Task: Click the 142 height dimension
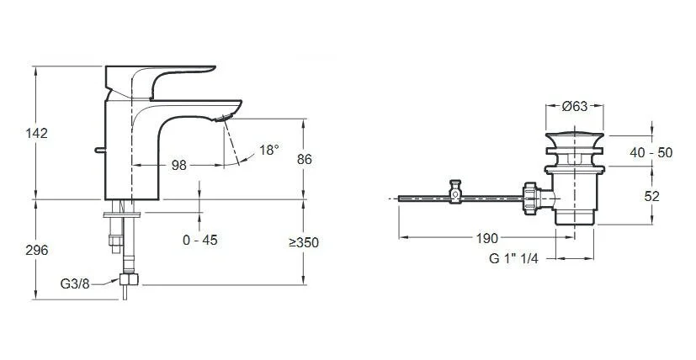36,133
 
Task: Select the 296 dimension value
36,250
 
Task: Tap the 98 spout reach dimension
179,165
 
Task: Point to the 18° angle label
269,150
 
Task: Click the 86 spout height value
305,159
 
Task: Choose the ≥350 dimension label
304,242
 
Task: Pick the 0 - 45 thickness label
200,241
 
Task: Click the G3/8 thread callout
75,283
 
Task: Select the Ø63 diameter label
574,106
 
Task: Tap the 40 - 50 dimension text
651,153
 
